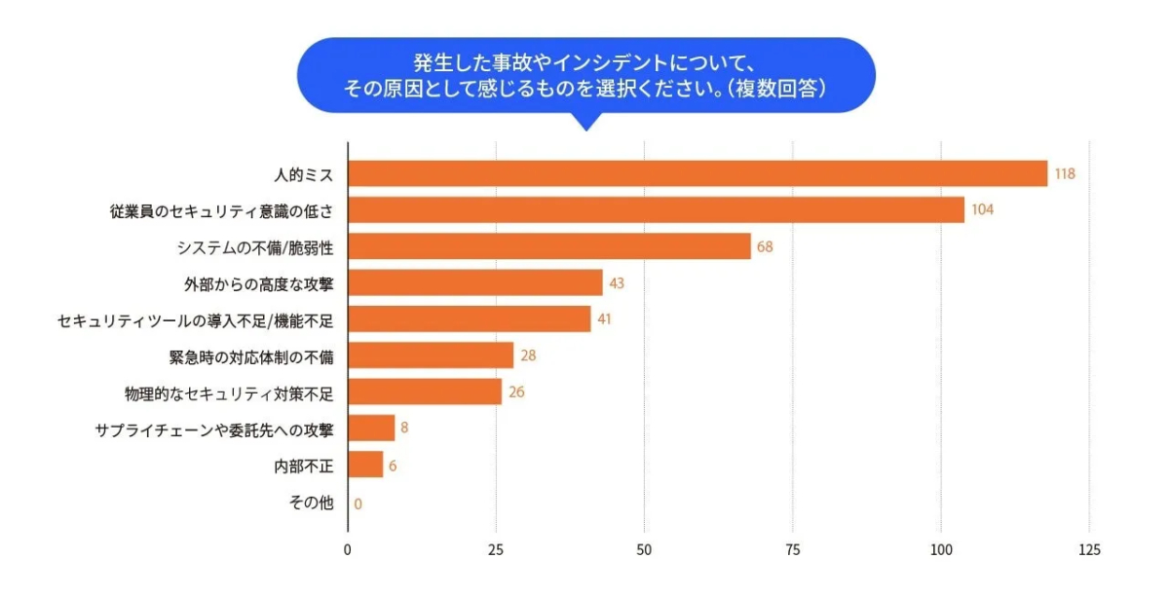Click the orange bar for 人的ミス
tap(697, 174)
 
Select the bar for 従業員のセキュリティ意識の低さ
tap(656, 210)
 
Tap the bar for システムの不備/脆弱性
tap(548, 246)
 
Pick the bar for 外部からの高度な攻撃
tap(474, 283)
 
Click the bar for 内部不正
tap(365, 466)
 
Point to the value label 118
tap(1064, 174)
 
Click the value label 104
tap(982, 210)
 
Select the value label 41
tap(604, 319)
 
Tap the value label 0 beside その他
tap(358, 503)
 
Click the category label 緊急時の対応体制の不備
tap(251, 356)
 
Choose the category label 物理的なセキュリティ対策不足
tap(229, 393)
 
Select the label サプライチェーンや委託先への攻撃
tap(214, 429)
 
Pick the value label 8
tap(404, 429)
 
